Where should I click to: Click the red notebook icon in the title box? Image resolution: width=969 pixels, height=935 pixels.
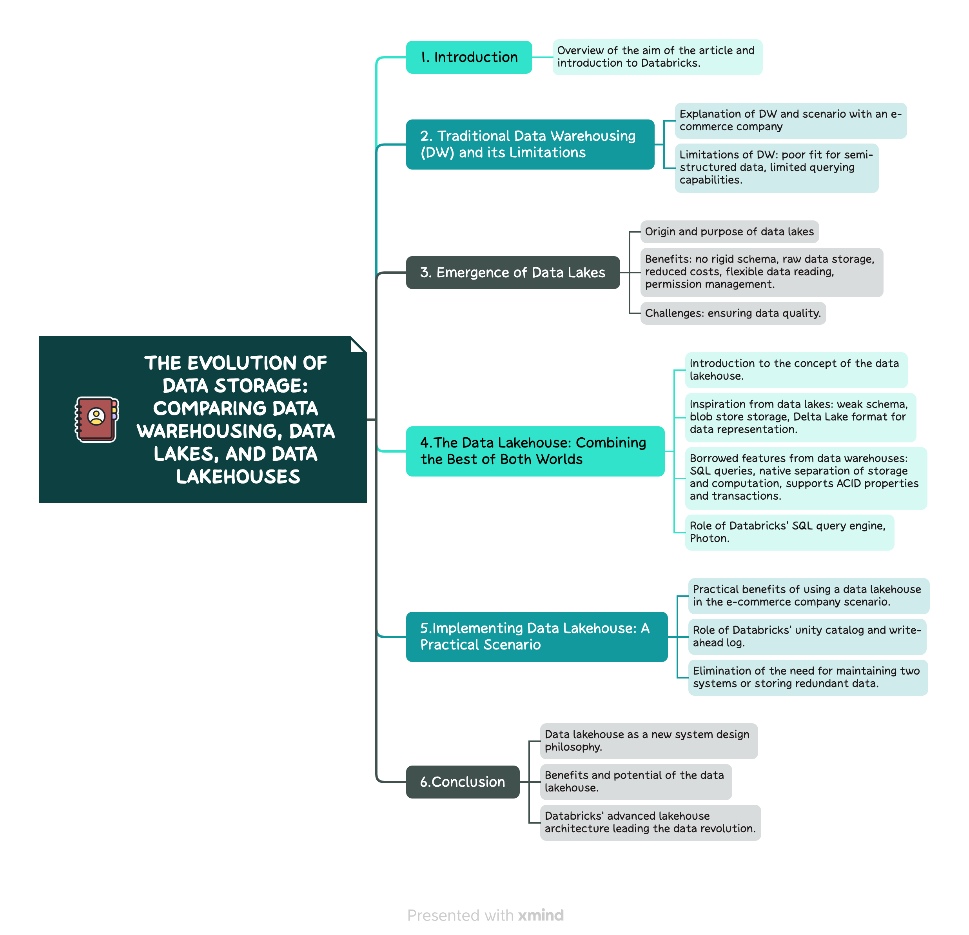tap(96, 419)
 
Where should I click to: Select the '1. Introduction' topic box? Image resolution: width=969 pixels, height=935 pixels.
tap(469, 57)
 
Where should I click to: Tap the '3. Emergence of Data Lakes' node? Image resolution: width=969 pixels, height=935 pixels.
tap(513, 273)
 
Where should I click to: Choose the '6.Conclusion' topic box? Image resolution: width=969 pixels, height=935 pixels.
tap(463, 782)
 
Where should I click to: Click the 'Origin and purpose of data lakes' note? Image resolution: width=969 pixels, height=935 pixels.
tap(729, 231)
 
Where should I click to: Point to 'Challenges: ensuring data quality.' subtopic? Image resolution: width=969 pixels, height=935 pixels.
tap(733, 313)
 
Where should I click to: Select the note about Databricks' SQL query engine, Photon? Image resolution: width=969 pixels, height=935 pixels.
tap(789, 532)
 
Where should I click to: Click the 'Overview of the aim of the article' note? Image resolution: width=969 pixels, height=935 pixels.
tap(657, 57)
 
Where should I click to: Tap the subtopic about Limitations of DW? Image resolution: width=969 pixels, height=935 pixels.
tap(776, 168)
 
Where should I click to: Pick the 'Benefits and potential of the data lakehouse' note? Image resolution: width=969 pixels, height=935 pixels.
tap(636, 782)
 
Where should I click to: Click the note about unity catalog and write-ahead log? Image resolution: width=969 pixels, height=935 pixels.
tap(807, 637)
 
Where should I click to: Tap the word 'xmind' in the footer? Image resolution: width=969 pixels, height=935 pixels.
tap(541, 916)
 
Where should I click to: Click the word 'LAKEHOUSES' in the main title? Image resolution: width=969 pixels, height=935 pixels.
tap(238, 477)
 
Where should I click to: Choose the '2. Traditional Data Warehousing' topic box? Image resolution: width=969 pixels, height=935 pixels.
tap(530, 144)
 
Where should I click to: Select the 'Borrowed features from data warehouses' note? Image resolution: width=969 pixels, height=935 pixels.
tap(806, 478)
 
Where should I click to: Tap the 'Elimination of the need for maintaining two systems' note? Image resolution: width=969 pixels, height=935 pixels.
tap(808, 678)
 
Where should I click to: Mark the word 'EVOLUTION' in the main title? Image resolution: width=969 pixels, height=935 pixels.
tap(242, 363)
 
